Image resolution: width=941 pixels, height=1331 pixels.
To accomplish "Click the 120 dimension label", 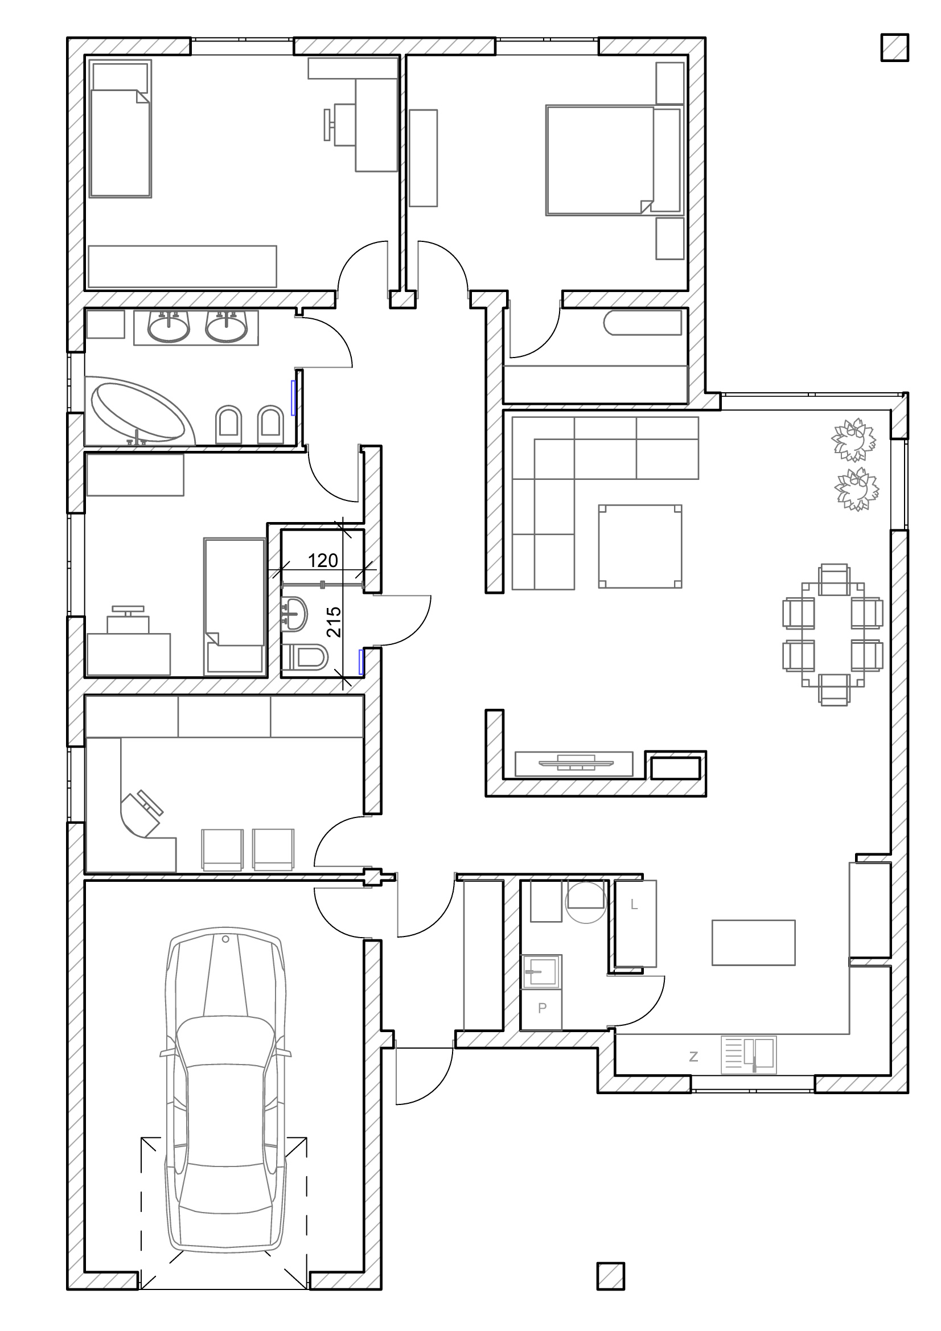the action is click(x=322, y=560).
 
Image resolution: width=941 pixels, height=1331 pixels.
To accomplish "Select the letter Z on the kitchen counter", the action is click(x=693, y=1057).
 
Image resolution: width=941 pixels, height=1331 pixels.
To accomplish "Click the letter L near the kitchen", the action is click(x=634, y=905).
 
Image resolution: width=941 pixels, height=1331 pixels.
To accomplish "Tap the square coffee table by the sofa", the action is click(x=640, y=546).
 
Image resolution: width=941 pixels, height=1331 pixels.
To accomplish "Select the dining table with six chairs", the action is click(x=833, y=634).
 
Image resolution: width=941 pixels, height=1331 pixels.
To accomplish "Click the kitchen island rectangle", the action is click(x=753, y=942).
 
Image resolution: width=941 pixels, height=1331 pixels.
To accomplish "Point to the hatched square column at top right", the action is click(x=895, y=47).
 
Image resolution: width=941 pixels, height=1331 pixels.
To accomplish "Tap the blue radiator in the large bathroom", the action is click(x=293, y=397).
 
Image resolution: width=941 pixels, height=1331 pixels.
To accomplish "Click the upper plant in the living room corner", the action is click(x=853, y=439).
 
